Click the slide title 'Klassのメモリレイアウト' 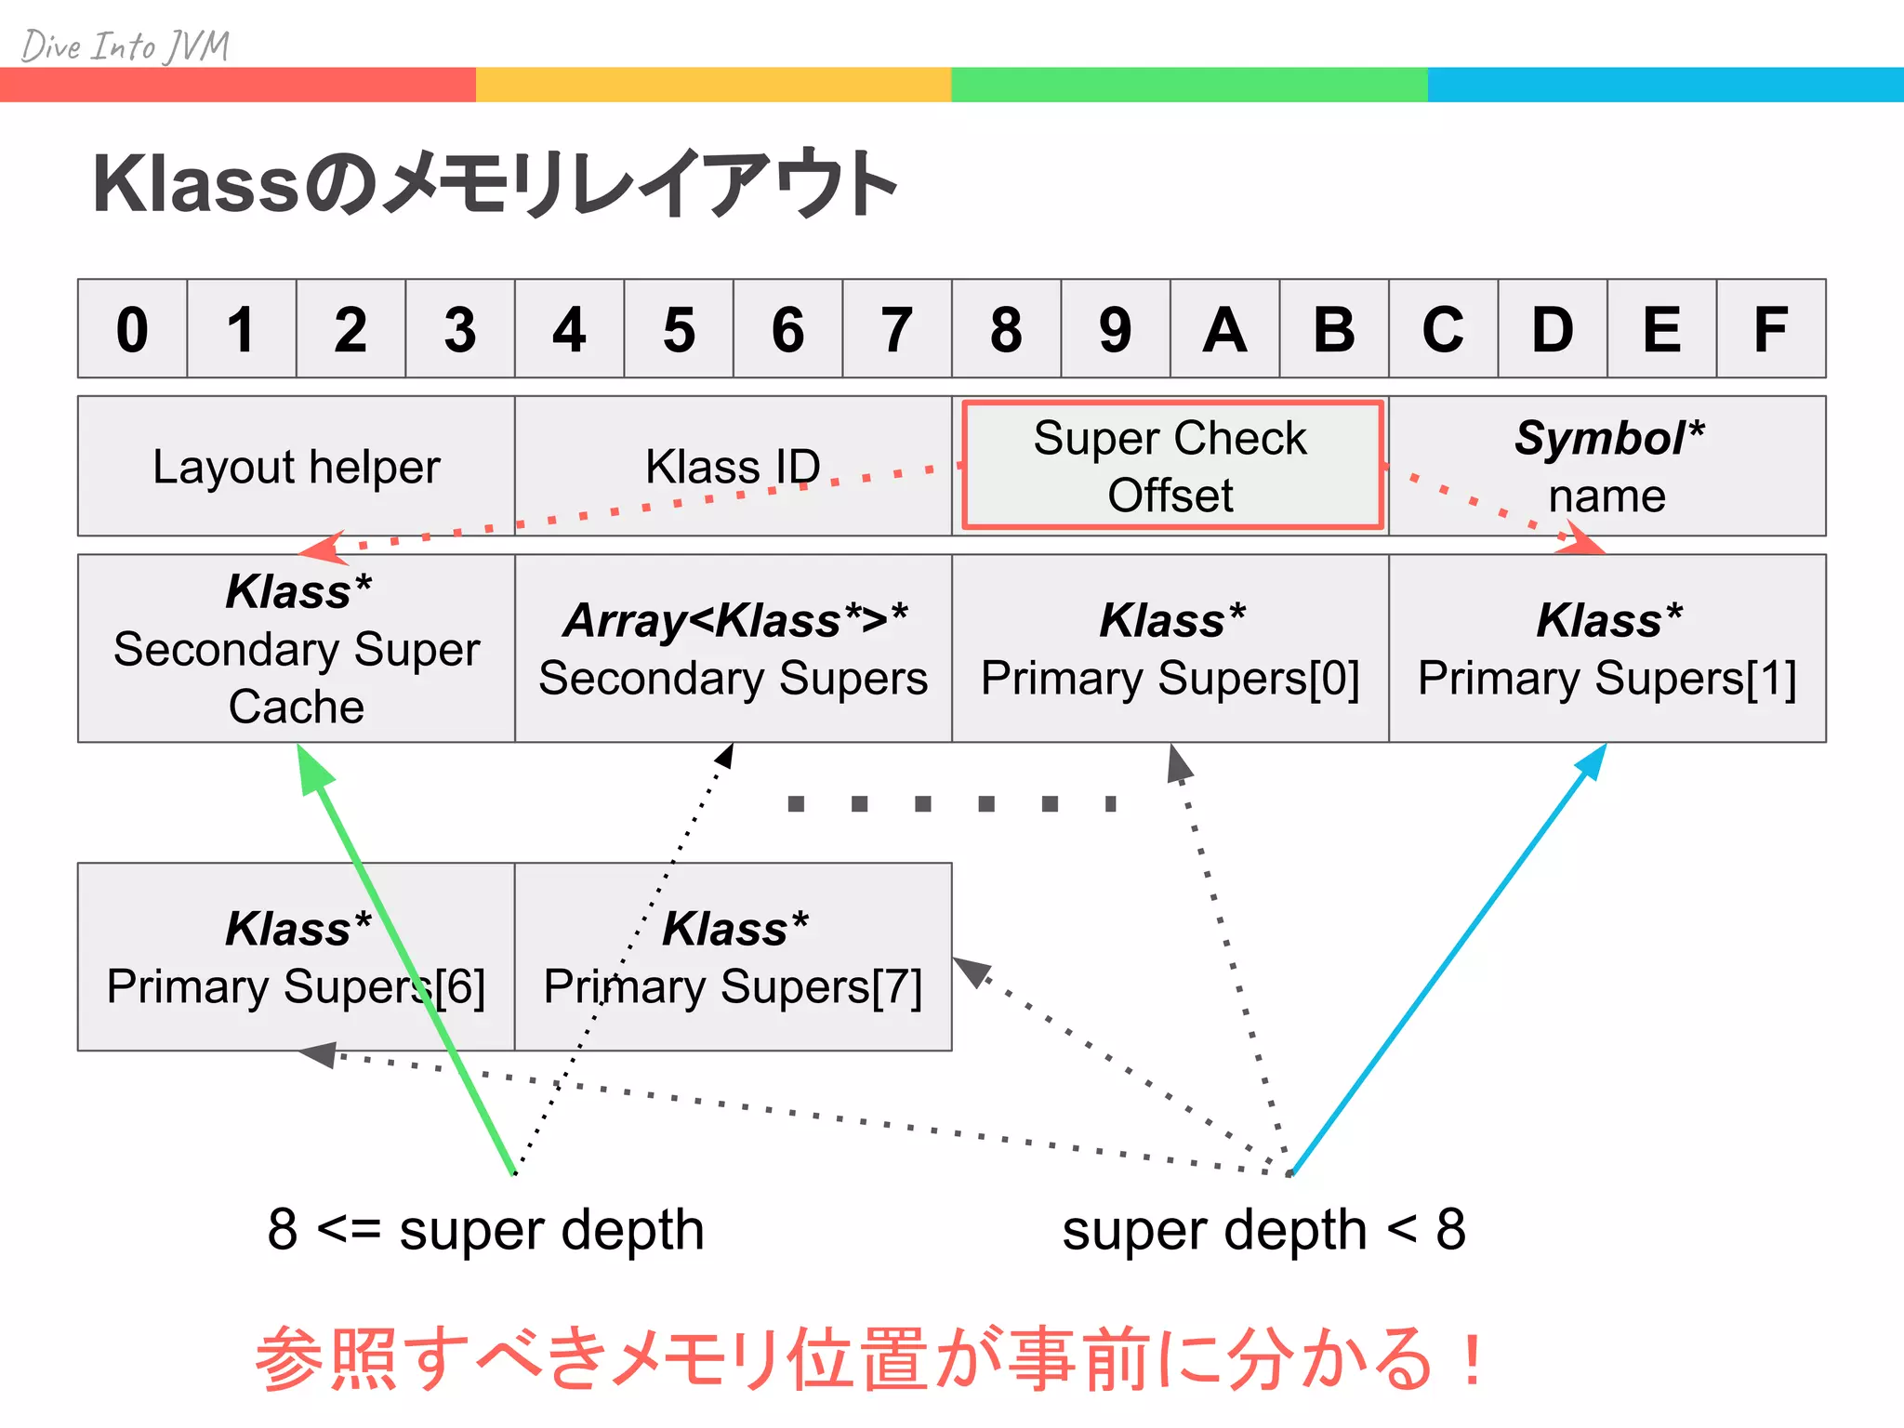click(494, 183)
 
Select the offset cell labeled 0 click(132, 329)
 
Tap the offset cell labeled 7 click(897, 329)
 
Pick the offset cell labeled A click(1224, 329)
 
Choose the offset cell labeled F click(1771, 329)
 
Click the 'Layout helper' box click(296, 466)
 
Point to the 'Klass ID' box click(733, 466)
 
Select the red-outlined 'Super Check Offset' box click(1170, 466)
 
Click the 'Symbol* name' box click(1607, 466)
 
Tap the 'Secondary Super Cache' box click(296, 648)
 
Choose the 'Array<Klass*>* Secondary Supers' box click(733, 648)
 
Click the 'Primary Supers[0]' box click(1170, 648)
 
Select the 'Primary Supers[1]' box click(1607, 648)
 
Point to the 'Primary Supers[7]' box click(733, 957)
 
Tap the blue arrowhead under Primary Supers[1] click(1592, 763)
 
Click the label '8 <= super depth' click(485, 1229)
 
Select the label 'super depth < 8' click(1263, 1229)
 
